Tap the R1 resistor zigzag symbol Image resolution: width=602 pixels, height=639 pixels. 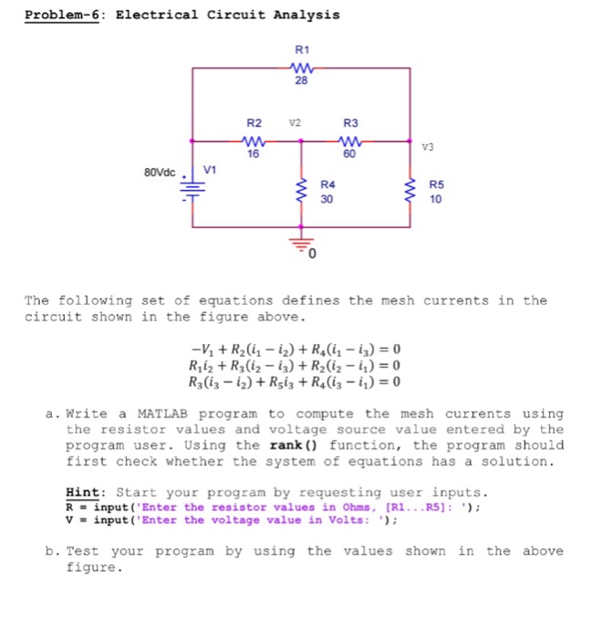[301, 66]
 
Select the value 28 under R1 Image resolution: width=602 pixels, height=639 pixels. [301, 80]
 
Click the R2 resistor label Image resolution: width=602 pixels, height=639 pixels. [254, 123]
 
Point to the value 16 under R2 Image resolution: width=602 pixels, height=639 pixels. [254, 155]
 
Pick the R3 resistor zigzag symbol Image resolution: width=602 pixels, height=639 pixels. [350, 141]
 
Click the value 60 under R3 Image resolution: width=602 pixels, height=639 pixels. [350, 155]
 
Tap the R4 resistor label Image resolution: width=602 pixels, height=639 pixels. [328, 184]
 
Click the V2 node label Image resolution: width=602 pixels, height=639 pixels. [295, 123]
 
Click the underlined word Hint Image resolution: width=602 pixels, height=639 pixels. [83, 491]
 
